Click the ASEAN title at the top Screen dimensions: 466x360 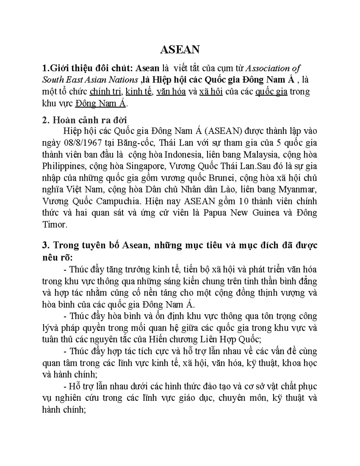point(180,49)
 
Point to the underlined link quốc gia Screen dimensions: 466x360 point(271,92)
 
